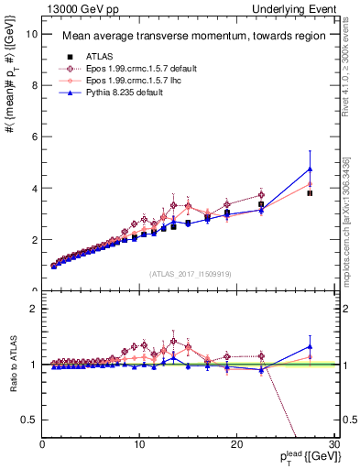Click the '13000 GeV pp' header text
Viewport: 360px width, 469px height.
(x=76, y=8)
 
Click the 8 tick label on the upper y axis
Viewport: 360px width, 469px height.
(x=34, y=85)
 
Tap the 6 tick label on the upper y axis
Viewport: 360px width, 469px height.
(x=34, y=136)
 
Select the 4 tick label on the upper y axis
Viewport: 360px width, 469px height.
(x=34, y=188)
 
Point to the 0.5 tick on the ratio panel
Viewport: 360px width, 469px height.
(x=29, y=420)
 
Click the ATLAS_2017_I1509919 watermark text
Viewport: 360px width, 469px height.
(x=189, y=273)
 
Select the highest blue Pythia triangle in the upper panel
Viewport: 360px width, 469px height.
(x=311, y=169)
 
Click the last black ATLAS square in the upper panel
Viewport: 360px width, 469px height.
(x=311, y=193)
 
